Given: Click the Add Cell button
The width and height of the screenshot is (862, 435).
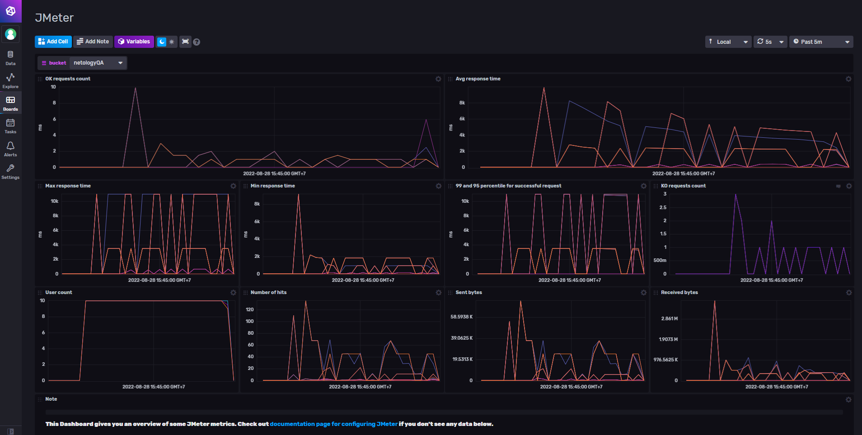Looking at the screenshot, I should [53, 42].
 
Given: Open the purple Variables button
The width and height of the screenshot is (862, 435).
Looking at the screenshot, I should [134, 42].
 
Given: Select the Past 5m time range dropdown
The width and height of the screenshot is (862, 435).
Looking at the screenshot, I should [820, 42].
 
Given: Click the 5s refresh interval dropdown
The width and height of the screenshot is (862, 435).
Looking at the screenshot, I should [770, 42].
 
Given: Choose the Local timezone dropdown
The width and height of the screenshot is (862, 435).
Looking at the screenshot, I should [728, 42].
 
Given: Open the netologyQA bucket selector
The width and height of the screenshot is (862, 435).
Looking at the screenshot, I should [98, 63].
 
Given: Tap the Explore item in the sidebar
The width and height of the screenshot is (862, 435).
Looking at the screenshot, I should [10, 80].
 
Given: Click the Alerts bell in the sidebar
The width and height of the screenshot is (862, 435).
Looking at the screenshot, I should [10, 149].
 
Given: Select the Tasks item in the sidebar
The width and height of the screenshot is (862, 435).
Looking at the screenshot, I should [10, 126].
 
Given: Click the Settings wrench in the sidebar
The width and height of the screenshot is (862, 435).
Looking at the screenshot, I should [10, 171].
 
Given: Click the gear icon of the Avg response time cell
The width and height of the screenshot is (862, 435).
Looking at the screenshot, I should [848, 79].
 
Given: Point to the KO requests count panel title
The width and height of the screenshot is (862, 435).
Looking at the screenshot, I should [683, 186].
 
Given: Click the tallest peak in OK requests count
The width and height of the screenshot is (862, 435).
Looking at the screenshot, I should [135, 88].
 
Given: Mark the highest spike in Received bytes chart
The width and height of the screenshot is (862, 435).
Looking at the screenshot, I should [714, 302].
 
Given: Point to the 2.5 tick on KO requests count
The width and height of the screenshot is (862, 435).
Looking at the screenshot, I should [663, 207].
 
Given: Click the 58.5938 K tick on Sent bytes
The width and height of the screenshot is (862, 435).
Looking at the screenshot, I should [461, 317].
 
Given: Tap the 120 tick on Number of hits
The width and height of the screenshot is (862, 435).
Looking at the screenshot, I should [249, 309].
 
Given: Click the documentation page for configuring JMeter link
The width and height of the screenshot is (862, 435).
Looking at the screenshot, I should [333, 424].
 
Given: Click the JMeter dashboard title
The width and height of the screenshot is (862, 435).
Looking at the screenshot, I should [54, 18].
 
